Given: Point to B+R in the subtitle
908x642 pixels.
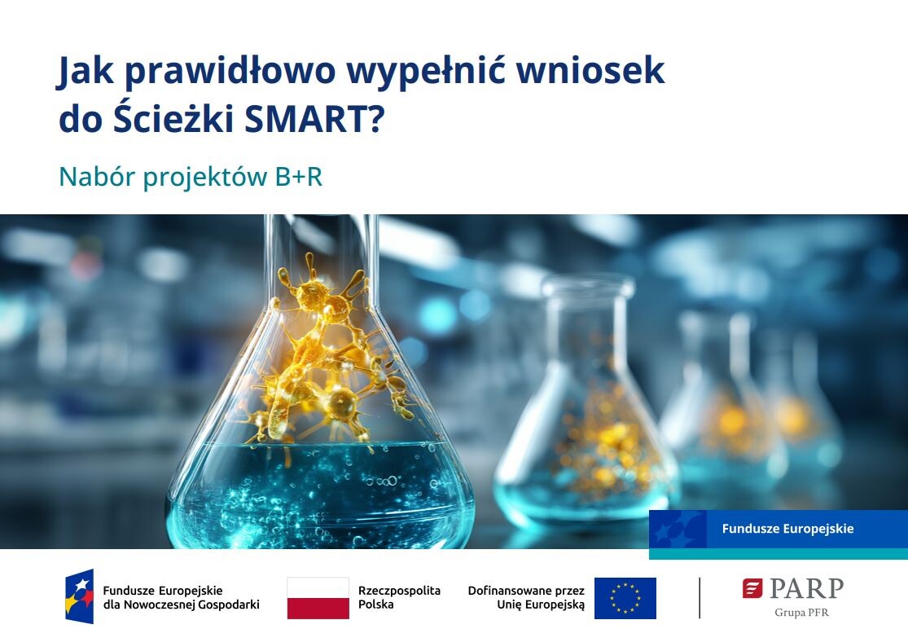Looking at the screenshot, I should [x=298, y=177].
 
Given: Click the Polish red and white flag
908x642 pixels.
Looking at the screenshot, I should [x=318, y=598].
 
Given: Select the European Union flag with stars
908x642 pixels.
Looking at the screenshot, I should [x=625, y=598].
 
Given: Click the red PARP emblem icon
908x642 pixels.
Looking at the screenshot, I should [x=752, y=588].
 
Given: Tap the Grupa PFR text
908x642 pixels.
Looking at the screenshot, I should [x=801, y=613].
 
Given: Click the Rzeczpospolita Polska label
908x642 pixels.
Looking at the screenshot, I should [x=399, y=597].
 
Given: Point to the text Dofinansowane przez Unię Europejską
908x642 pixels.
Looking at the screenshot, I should [x=526, y=597].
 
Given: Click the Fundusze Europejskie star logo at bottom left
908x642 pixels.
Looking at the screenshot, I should [x=80, y=596].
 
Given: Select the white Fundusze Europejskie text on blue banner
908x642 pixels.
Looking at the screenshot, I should [x=787, y=529].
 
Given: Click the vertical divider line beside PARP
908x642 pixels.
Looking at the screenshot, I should [x=699, y=598].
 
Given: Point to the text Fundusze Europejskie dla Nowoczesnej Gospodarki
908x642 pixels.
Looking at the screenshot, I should [x=181, y=597].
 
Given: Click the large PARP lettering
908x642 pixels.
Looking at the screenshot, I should [x=806, y=588].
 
